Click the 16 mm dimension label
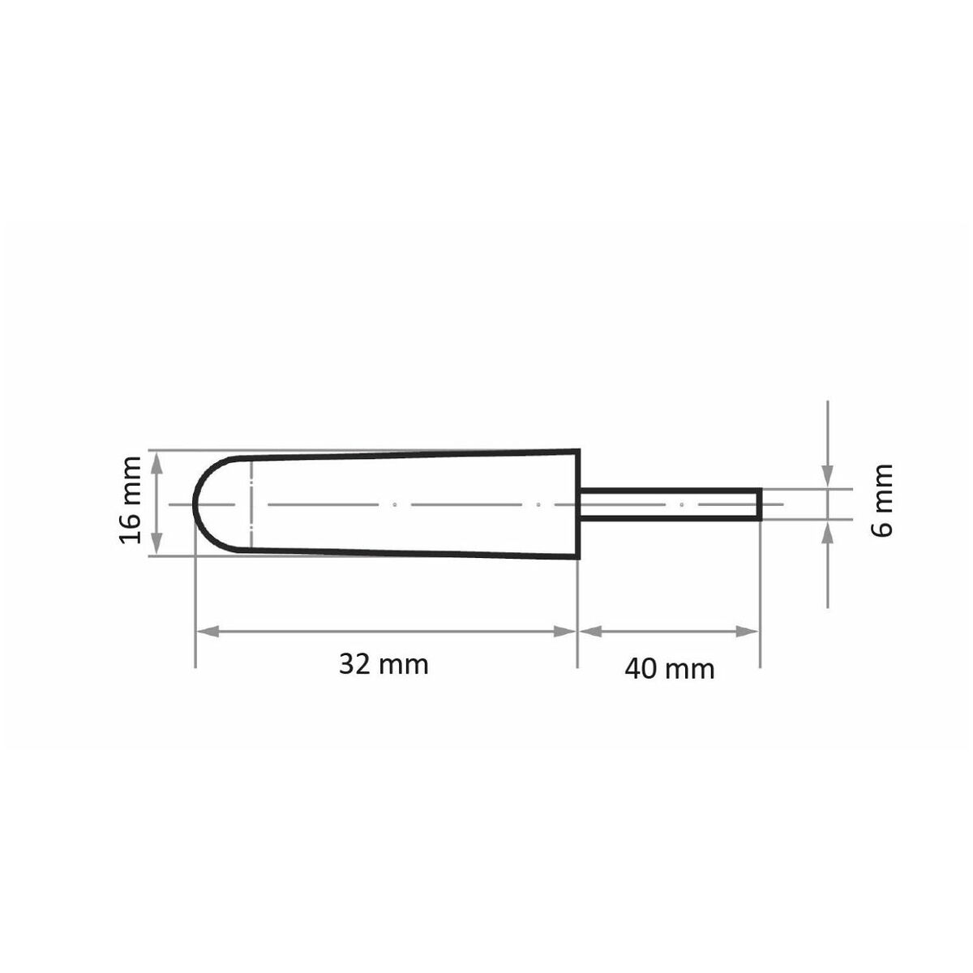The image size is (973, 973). pos(130,499)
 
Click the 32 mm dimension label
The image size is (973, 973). pos(384,665)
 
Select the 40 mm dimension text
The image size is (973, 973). pos(670,670)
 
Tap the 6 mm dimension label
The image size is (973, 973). pos(882,501)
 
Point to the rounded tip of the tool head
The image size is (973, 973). pos(194,504)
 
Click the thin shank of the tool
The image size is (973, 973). pos(670,504)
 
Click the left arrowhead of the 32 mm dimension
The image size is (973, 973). pos(208,631)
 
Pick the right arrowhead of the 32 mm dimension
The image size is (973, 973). pos(565,631)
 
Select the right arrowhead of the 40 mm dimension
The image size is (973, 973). pos(747,631)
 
